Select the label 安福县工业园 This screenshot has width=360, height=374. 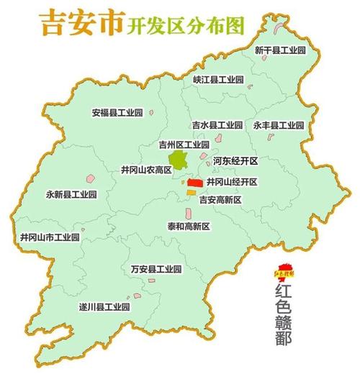tap(117, 113)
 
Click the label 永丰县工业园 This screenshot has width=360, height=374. tap(279, 124)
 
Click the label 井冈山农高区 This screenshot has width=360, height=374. tap(146, 170)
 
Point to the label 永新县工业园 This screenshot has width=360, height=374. tap(71, 194)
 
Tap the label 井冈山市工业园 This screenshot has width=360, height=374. tap(50, 236)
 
